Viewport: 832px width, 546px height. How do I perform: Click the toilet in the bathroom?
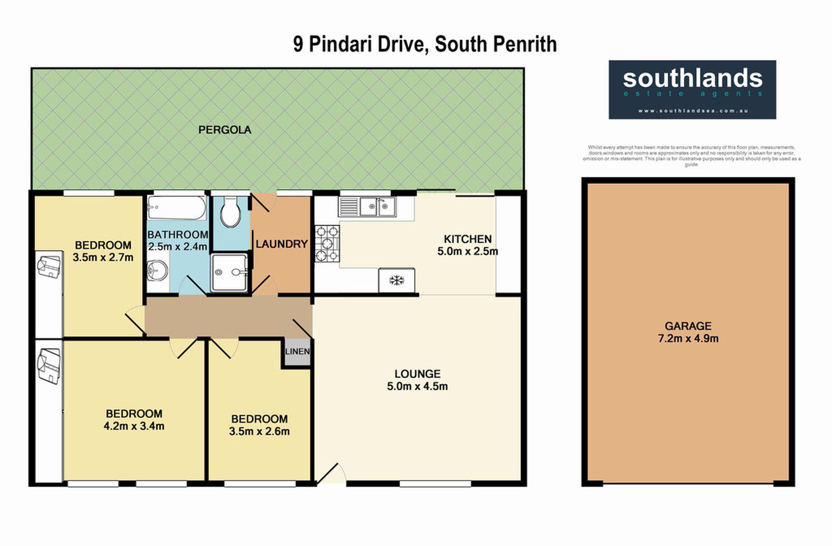(231, 212)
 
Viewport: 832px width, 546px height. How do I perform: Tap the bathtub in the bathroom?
(176, 208)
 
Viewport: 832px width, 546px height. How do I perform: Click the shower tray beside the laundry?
(229, 272)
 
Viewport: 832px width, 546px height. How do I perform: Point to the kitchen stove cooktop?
(327, 244)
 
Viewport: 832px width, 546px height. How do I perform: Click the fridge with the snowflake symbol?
(397, 280)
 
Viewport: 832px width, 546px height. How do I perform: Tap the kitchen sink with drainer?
(367, 207)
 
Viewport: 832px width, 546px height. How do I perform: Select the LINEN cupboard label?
(297, 351)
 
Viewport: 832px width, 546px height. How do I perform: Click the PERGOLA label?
(225, 130)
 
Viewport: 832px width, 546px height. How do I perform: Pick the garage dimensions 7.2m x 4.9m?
(688, 338)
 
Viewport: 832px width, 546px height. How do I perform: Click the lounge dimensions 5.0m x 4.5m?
(417, 386)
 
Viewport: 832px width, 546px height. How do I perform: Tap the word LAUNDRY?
(282, 244)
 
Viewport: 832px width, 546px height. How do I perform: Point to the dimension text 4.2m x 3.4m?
(134, 426)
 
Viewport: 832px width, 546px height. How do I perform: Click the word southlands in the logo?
(693, 78)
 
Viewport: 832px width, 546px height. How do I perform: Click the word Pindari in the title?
(340, 44)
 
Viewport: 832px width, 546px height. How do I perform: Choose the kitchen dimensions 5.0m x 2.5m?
(468, 251)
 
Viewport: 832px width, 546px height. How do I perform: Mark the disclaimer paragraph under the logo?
(692, 156)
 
